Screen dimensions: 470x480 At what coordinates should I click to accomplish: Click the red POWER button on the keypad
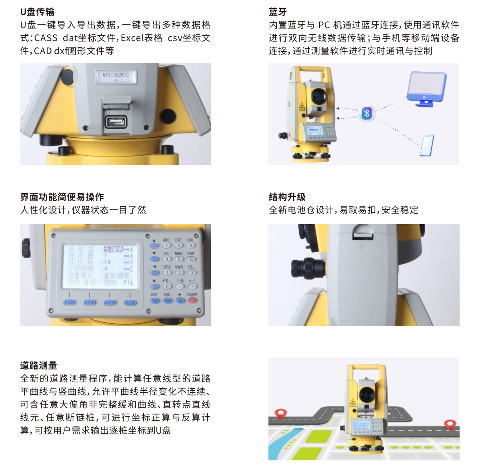tap(192, 300)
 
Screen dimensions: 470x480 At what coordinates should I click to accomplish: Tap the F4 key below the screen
tap(130, 303)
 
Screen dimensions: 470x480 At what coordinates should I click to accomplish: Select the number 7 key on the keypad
tap(166, 245)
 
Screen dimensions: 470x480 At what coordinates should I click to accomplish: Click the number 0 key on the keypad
tap(167, 286)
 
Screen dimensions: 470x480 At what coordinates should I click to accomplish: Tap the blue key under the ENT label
tap(155, 300)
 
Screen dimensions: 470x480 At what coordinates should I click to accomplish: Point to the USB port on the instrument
tap(116, 121)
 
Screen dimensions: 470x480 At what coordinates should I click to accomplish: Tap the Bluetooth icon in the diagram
tap(367, 113)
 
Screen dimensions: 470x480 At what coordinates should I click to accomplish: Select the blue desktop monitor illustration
tap(426, 88)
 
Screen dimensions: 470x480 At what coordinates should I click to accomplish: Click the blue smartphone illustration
tap(427, 145)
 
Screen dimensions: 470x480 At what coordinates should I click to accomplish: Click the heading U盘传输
tap(37, 12)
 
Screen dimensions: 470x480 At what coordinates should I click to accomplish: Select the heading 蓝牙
tap(278, 12)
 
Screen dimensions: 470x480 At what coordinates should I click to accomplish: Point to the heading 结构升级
tap(287, 197)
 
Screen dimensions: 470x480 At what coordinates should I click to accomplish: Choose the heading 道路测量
tap(38, 366)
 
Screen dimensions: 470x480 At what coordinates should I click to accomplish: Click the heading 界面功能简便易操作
tap(62, 197)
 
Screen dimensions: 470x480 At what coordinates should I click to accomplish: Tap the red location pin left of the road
tap(281, 414)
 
